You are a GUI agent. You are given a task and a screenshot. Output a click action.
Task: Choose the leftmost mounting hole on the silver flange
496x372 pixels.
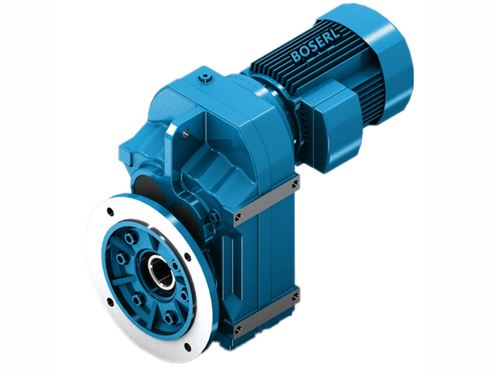(x=110, y=303)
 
